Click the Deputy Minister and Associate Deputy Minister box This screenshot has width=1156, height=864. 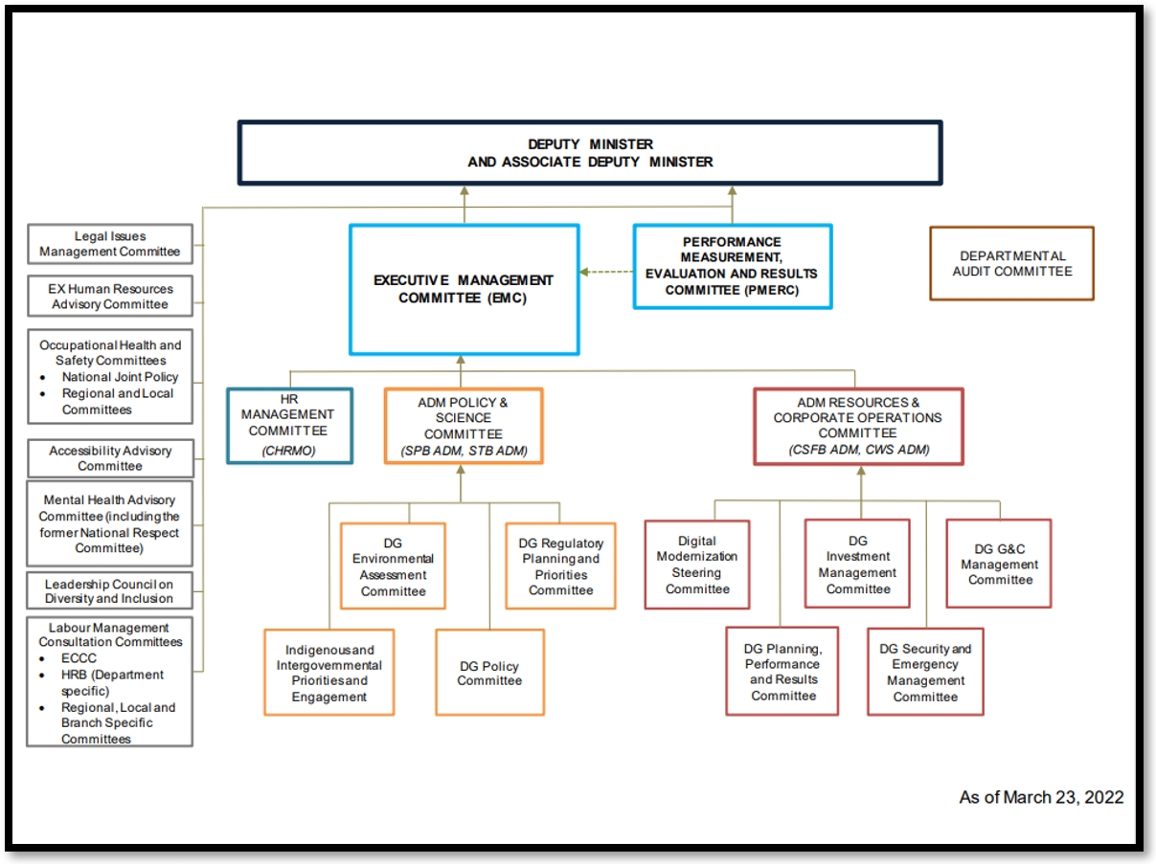[589, 153]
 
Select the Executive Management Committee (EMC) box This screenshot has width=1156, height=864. [464, 289]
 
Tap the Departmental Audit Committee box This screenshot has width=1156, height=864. [1011, 264]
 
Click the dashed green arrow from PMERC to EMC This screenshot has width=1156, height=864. [606, 272]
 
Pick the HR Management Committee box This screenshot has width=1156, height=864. [288, 425]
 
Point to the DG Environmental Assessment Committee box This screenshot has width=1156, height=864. [393, 566]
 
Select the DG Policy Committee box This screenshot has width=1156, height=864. [489, 673]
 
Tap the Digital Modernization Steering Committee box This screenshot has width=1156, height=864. [697, 565]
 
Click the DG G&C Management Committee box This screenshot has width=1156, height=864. [999, 564]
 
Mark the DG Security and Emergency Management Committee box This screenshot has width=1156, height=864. [925, 672]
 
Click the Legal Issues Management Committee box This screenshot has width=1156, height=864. [110, 244]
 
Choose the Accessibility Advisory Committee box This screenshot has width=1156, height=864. [110, 458]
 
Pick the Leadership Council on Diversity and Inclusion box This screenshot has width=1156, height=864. [109, 591]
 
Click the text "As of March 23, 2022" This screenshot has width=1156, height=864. [1041, 797]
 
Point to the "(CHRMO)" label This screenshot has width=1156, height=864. [288, 451]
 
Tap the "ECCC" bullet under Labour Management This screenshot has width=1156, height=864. [79, 658]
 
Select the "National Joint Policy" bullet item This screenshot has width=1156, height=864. [120, 377]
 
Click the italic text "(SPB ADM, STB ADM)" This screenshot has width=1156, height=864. [464, 451]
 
